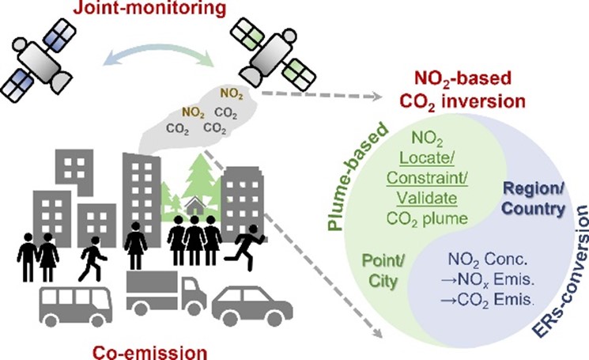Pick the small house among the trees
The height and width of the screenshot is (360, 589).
pyautogui.click(x=195, y=208)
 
